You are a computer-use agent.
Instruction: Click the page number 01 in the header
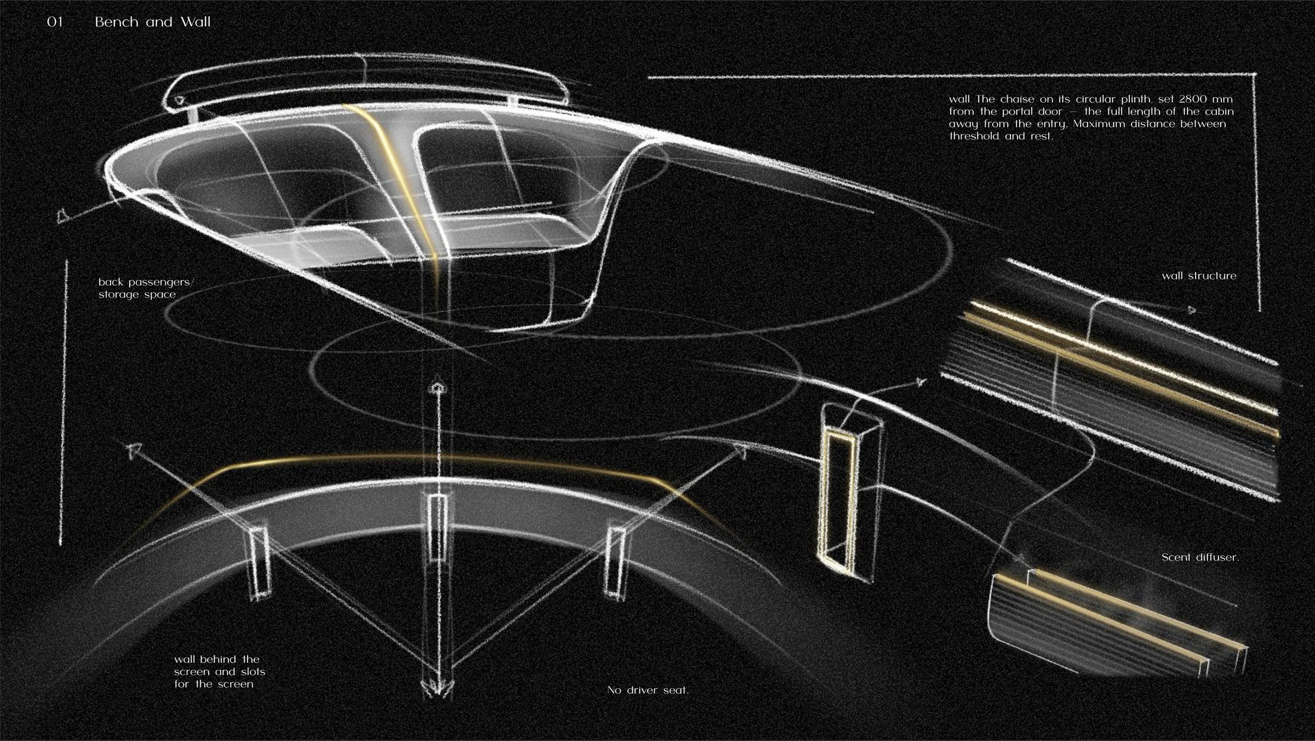pyautogui.click(x=55, y=22)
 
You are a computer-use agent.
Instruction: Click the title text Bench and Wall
pyautogui.click(x=152, y=22)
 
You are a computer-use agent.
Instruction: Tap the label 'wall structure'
pyautogui.click(x=1199, y=276)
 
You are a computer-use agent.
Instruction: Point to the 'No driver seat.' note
pyautogui.click(x=648, y=691)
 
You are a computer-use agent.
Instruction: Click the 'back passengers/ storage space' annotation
pyautogui.click(x=146, y=288)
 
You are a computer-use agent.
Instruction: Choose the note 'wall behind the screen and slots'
pyautogui.click(x=219, y=665)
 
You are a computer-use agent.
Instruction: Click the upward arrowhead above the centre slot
pyautogui.click(x=436, y=388)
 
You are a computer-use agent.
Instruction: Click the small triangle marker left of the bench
pyautogui.click(x=62, y=216)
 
